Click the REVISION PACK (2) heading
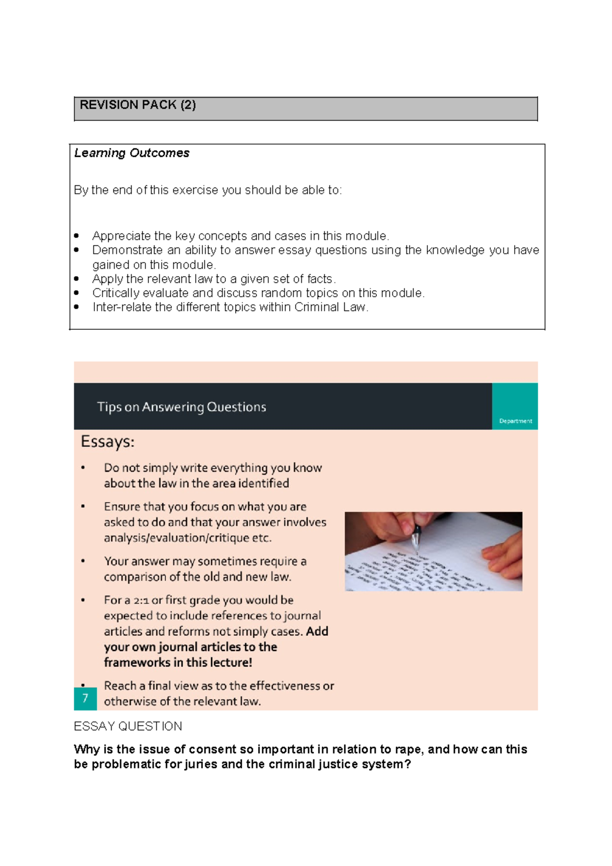point(138,105)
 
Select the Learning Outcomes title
point(132,153)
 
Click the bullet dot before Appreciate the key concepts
point(76,236)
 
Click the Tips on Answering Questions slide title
point(182,407)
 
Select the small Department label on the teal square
point(516,421)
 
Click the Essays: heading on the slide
point(108,442)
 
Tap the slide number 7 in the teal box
point(85,698)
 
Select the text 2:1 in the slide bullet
point(141,600)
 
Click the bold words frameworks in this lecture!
point(178,663)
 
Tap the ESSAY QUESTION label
point(128,727)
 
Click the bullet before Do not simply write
point(83,468)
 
